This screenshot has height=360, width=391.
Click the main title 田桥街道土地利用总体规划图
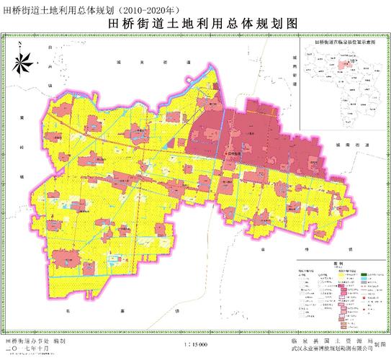(196, 23)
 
